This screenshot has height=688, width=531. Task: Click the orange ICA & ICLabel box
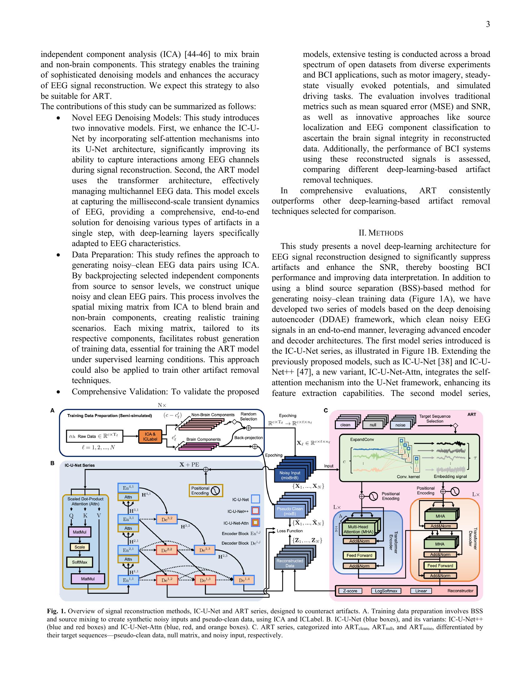[150, 437]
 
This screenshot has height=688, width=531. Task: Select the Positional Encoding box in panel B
[206, 490]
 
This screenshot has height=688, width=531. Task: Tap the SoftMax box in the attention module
[80, 562]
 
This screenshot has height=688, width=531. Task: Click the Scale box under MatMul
[80, 547]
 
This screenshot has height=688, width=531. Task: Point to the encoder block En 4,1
[128, 488]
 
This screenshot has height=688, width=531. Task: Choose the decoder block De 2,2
[166, 550]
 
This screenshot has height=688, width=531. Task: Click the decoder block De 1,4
[244, 580]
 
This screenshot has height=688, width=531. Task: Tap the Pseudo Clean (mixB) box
[290, 511]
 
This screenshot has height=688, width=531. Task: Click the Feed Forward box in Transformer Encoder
[359, 555]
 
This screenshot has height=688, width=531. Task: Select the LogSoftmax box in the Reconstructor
[386, 591]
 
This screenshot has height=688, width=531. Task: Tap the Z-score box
[350, 591]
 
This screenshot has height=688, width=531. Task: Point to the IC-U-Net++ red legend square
[256, 511]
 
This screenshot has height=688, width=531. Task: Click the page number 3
[488, 24]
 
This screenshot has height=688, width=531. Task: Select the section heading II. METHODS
[381, 233]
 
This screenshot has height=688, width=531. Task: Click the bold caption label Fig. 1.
[56, 611]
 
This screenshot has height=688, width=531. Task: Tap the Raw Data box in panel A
[95, 437]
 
